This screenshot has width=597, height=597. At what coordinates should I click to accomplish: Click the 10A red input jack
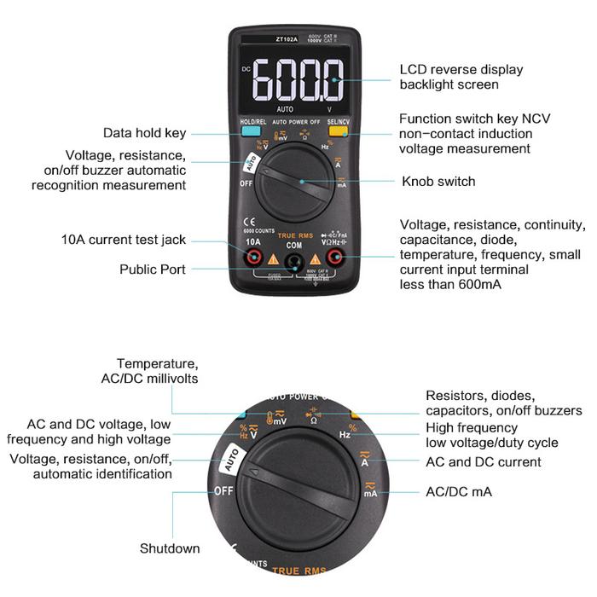coord(253,257)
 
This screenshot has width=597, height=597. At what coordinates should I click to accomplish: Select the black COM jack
coord(295,261)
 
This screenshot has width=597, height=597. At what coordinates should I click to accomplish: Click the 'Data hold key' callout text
coord(144,133)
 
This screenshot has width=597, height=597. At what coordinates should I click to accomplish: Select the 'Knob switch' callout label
coord(438,182)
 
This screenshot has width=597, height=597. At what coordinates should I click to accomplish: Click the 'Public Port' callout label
coord(153,270)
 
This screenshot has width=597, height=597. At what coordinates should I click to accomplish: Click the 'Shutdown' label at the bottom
coord(170,548)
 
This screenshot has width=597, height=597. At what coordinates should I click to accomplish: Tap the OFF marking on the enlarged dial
coord(224,490)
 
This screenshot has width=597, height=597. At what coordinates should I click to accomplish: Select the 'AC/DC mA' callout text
coord(458,492)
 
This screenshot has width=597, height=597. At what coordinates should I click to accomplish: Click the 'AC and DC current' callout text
coord(483,462)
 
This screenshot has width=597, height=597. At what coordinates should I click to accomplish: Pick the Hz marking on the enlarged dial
coord(345,434)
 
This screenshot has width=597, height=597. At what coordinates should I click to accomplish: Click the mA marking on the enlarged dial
coord(370,492)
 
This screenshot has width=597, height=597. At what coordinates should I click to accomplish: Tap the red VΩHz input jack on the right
coord(337,257)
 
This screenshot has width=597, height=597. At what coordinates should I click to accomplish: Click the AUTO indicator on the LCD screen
coord(285,109)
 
